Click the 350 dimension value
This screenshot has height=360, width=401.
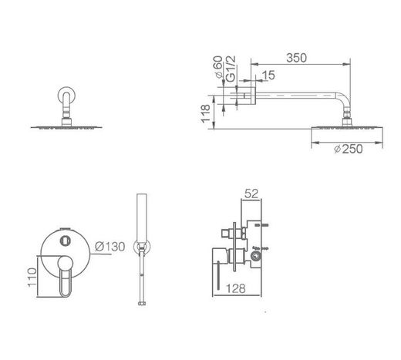click(x=296, y=58)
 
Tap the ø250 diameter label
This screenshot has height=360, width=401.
click(x=349, y=149)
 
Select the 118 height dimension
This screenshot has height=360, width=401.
click(x=205, y=113)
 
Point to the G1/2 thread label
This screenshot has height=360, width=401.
click(x=231, y=69)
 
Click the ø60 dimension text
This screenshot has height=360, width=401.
click(x=218, y=67)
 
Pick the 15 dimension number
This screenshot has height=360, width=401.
click(x=268, y=76)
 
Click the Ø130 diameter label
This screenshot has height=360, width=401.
click(x=110, y=247)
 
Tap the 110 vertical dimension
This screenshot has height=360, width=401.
click(x=32, y=278)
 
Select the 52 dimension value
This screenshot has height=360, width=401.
click(x=251, y=193)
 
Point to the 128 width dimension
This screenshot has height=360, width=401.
click(x=236, y=288)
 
